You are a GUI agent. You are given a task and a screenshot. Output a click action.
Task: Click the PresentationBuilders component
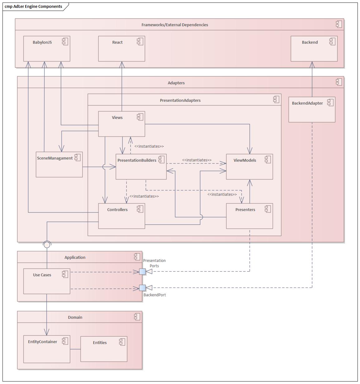tap(141, 167)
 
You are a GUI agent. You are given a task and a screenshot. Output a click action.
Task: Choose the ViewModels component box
tap(249, 167)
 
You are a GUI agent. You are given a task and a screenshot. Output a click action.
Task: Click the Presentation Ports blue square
tap(142, 272)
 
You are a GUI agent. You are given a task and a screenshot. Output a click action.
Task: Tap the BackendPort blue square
tap(142, 288)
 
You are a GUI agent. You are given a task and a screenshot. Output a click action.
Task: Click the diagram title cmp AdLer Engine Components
tap(33, 7)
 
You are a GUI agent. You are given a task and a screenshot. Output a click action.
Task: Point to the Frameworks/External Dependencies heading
tap(175, 25)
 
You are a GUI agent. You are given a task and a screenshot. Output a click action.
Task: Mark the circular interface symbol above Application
tap(47, 245)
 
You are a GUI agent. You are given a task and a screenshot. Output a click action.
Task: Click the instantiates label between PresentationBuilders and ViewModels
tap(197, 160)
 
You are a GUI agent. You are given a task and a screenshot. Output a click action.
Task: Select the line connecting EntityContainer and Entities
tap(75, 349)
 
